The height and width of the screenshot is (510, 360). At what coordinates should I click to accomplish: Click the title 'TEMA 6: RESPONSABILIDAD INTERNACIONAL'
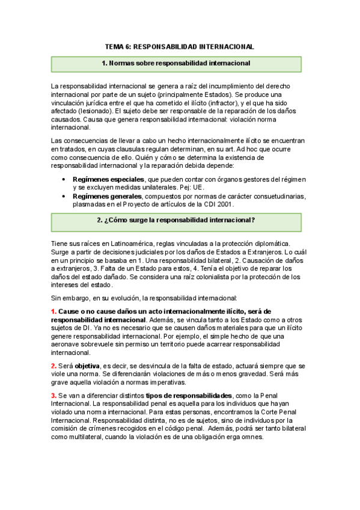coord(180,46)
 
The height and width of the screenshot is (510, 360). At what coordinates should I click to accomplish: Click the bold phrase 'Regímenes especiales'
coord(108,179)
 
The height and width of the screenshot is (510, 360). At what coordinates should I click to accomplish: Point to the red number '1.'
coord(54,312)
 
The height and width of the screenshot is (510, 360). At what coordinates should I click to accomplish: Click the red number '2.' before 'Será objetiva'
coord(54,366)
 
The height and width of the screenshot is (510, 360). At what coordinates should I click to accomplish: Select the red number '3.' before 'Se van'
coord(54,395)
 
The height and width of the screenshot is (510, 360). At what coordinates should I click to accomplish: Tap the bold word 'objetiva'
coord(87,366)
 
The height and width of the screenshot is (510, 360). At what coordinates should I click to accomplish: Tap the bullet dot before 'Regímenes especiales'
coord(64,180)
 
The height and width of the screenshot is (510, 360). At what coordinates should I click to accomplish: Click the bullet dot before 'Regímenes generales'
coord(64,197)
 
